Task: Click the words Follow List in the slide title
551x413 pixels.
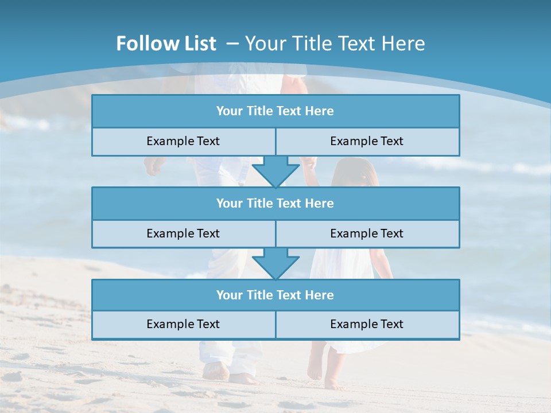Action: click(166, 44)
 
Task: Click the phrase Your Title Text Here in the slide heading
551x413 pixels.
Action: click(335, 44)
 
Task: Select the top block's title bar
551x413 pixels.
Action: click(275, 111)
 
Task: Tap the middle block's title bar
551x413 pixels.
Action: click(275, 203)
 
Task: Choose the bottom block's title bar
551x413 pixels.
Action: click(275, 295)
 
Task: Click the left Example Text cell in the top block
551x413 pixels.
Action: click(183, 141)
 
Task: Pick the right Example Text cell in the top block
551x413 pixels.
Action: click(367, 141)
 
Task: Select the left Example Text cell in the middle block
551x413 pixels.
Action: click(183, 233)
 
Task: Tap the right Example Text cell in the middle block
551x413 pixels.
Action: click(367, 233)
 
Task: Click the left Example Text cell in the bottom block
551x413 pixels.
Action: click(183, 324)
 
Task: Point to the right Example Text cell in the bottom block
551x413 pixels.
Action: click(367, 324)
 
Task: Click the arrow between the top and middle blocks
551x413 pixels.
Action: click(275, 173)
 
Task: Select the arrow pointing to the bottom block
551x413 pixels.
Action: click(275, 264)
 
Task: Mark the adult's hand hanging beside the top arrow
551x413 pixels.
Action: click(154, 166)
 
